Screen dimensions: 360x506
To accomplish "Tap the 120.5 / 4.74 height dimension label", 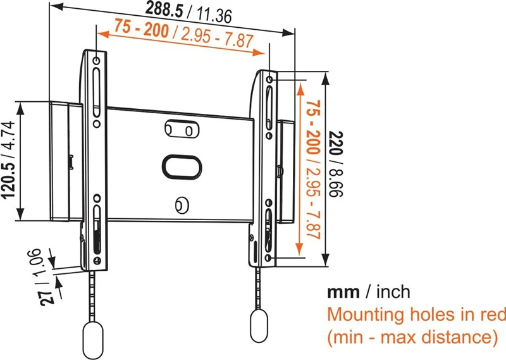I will [x=11, y=161].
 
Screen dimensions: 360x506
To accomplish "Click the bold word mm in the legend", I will [x=343, y=292].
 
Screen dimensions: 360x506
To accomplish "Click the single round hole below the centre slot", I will [x=181, y=204].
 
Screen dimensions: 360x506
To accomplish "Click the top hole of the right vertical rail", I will [x=270, y=80].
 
